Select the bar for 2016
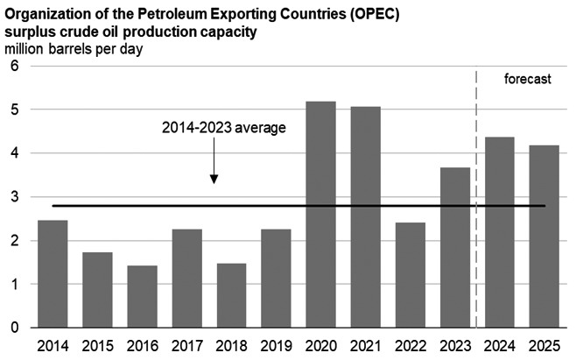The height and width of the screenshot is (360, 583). tap(142, 297)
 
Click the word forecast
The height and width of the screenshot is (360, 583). tap(528, 79)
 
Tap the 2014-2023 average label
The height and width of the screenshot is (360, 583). tap(225, 127)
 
